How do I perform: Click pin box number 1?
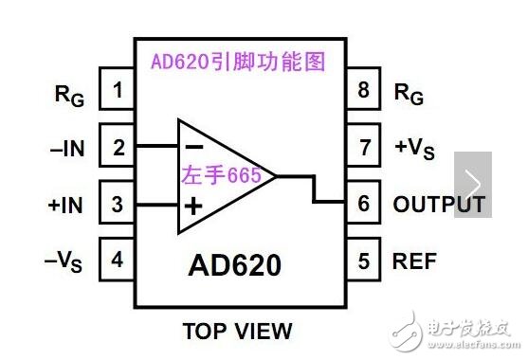[x=118, y=91]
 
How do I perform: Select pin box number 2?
[x=118, y=147]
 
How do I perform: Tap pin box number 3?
[x=118, y=204]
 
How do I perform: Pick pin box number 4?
[x=118, y=260]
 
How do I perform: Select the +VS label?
[x=415, y=148]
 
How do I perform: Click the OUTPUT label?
[x=439, y=205]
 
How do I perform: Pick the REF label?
[x=413, y=261]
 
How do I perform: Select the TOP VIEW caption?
[x=237, y=332]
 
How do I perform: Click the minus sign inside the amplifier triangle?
[x=193, y=147]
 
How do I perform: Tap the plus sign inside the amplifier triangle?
[x=193, y=206]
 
